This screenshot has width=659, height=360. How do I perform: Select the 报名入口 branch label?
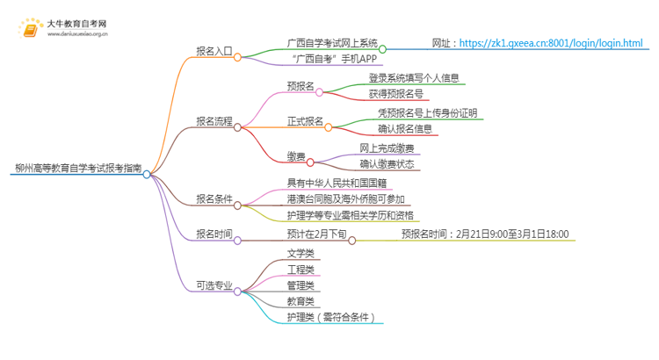click(x=214, y=51)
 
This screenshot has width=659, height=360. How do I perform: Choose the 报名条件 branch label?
click(x=214, y=198)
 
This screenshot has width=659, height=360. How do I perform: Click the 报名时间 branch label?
click(x=214, y=234)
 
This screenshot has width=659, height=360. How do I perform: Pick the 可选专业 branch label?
click(x=214, y=285)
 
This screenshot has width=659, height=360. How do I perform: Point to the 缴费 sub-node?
click(x=296, y=156)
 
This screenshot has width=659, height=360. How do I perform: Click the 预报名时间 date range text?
click(x=485, y=234)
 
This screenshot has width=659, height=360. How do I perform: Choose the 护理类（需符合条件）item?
click(x=331, y=317)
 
